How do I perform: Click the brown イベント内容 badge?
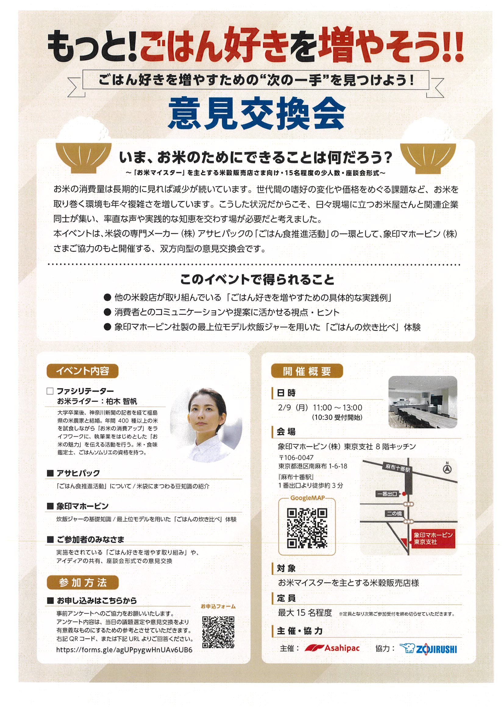(x=82, y=371)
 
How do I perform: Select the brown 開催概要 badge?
(x=307, y=371)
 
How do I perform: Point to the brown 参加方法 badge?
(x=82, y=583)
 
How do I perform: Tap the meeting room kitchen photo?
(x=423, y=402)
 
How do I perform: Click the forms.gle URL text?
(x=124, y=650)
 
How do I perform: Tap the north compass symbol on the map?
(x=447, y=468)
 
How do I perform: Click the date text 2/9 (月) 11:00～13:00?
(x=320, y=408)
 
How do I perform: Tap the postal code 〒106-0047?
(x=296, y=457)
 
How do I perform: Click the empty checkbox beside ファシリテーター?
(x=50, y=391)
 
